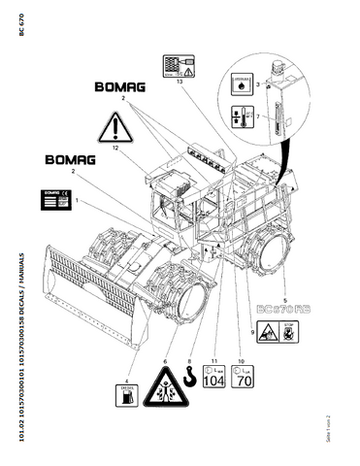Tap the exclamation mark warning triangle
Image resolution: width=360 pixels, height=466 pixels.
[114, 127]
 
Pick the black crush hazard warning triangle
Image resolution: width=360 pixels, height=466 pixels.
[166, 397]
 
